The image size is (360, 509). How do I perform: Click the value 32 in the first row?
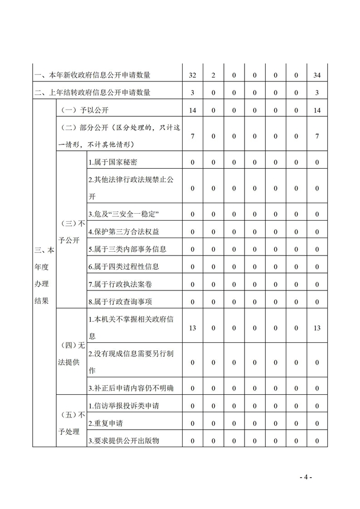coord(192,76)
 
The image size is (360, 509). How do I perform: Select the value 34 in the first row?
coord(317,76)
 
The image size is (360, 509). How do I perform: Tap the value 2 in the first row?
coord(213,76)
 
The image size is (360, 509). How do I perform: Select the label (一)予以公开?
coord(86,110)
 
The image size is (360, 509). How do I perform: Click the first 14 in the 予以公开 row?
coord(192,110)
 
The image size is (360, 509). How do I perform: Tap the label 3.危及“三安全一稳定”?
coord(124,214)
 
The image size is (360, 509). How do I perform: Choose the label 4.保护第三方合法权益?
coord(124,231)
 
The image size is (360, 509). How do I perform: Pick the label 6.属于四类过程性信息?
coord(124,266)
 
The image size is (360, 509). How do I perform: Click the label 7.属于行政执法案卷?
coord(120,284)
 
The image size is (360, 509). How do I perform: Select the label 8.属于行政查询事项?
coord(120,302)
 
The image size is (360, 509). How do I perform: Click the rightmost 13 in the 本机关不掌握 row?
coord(317,328)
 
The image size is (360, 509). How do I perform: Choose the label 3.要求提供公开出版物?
coord(124,440)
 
